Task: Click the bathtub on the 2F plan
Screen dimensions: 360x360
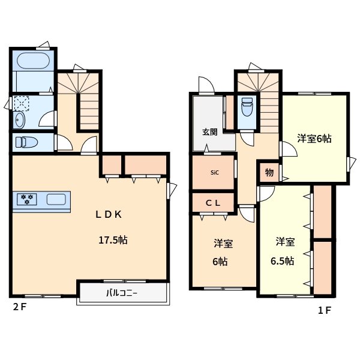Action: [33, 62]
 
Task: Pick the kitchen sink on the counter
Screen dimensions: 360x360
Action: [55, 199]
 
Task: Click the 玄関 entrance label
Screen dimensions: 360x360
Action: [202, 133]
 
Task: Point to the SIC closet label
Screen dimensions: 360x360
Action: [214, 173]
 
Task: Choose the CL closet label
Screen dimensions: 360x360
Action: [213, 203]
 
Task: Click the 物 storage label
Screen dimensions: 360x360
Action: [269, 173]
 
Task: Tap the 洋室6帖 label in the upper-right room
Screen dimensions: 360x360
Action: [314, 139]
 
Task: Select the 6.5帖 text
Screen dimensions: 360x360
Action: [281, 260]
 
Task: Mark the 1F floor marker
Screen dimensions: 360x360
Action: [324, 310]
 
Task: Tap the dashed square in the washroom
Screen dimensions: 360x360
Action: [21, 103]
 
